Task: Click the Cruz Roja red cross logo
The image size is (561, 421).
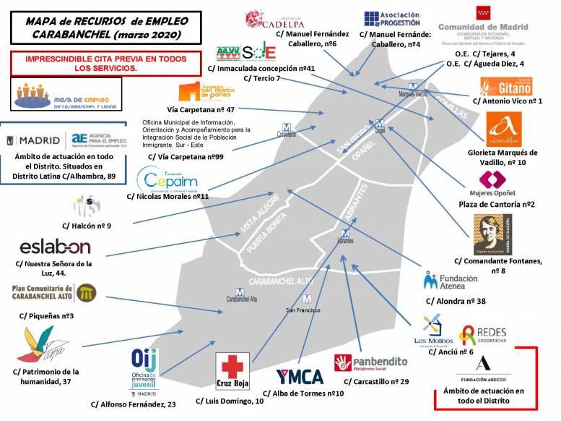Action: tap(232, 370)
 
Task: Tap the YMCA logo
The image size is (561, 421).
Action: tap(300, 377)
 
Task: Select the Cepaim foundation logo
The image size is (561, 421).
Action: tap(168, 179)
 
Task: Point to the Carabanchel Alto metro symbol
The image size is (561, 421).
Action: tap(240, 292)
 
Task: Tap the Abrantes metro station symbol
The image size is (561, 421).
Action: tap(345, 233)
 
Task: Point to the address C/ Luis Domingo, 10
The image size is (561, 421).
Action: tap(231, 400)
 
